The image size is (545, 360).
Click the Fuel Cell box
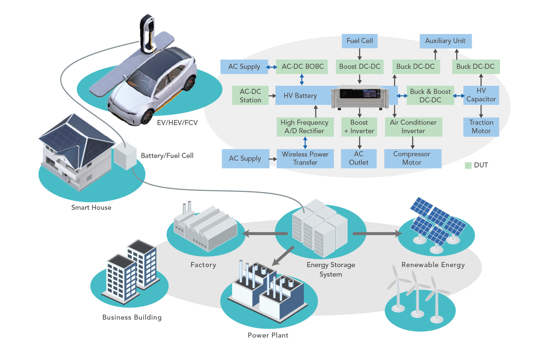point(359,41)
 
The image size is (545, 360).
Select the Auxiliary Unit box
point(445,41)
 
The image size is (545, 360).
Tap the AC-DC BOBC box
point(302,67)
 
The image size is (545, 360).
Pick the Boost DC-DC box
point(359,67)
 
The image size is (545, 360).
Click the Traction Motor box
point(481,127)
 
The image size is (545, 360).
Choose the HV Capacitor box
point(481,95)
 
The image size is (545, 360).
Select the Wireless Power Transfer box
point(305,158)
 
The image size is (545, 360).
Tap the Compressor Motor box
point(412,158)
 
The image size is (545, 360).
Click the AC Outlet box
point(359,158)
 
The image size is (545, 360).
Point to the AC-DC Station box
point(250,96)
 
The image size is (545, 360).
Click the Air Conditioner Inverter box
point(413,127)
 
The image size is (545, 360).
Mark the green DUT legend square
point(468,165)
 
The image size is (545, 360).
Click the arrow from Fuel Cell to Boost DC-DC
point(359,54)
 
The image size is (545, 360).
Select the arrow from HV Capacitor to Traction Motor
point(481,111)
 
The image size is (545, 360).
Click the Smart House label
point(91,207)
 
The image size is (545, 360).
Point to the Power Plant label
point(268,335)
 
